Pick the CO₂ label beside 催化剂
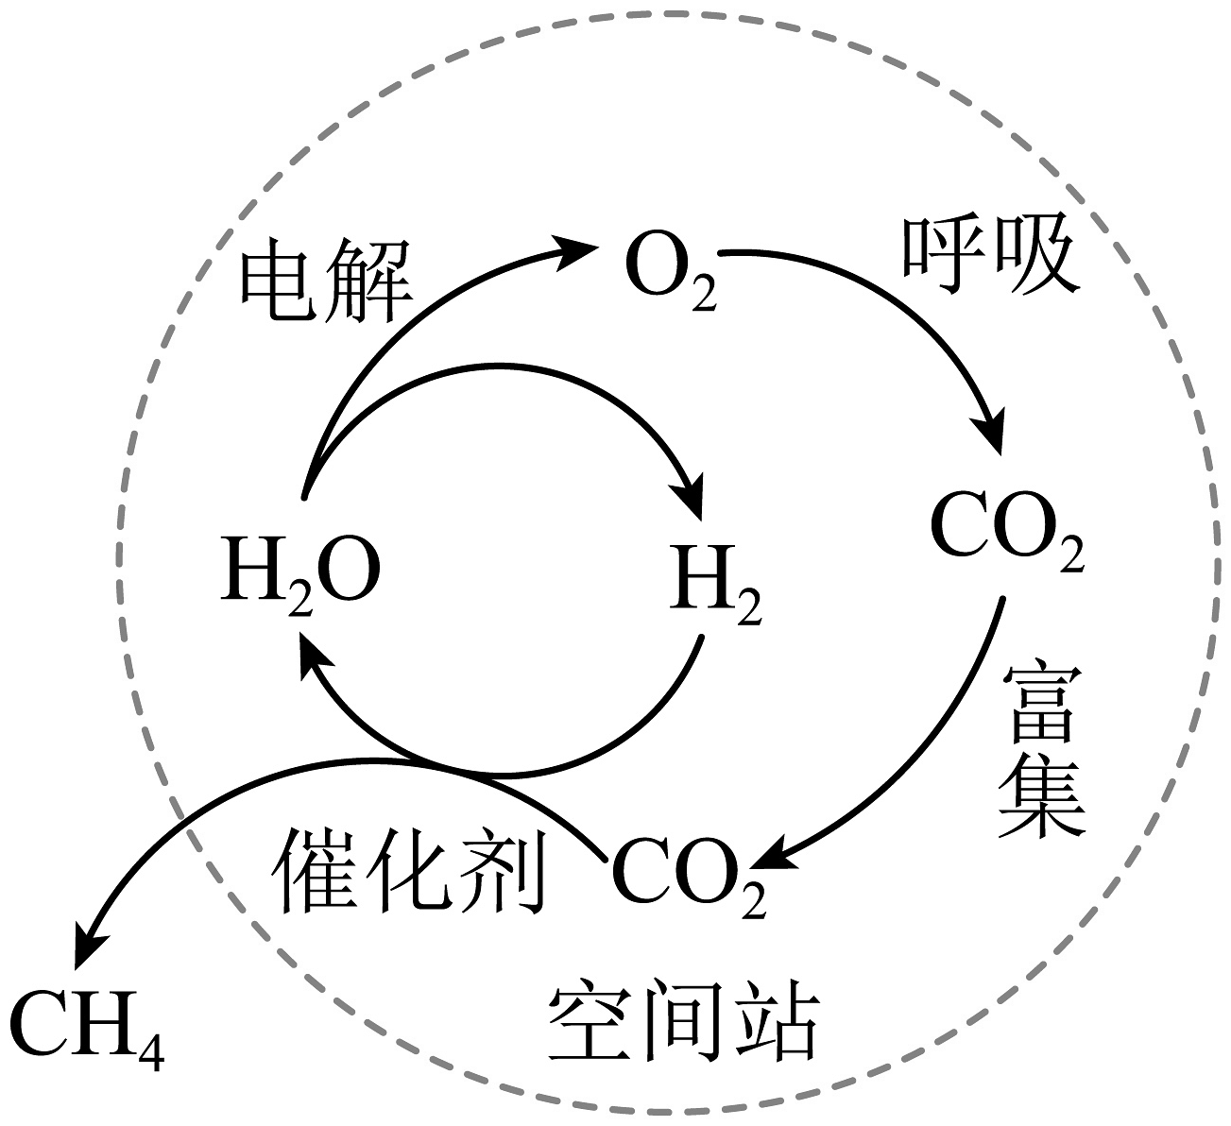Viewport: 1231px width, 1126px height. pyautogui.click(x=689, y=874)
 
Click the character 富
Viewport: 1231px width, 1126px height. pyautogui.click(x=1041, y=702)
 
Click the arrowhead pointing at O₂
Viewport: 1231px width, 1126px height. pyautogui.click(x=578, y=250)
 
